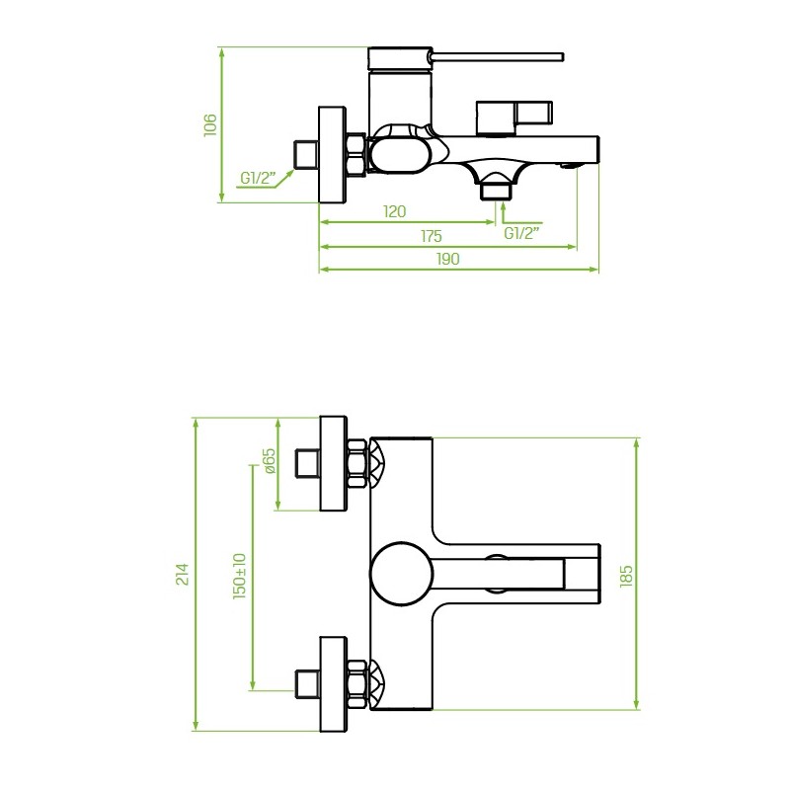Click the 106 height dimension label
210,125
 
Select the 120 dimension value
394,211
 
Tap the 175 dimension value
432,236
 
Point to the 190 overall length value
447,259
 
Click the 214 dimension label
182,574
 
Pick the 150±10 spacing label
240,576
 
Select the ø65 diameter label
270,460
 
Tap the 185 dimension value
626,577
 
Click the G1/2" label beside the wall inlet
258,178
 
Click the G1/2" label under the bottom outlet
521,233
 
